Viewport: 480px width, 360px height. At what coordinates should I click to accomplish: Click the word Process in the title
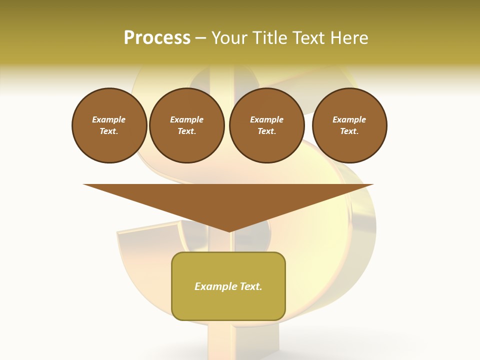(x=157, y=38)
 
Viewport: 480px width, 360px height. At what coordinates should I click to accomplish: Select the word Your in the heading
(x=229, y=38)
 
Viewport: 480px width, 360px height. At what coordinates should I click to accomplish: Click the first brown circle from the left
(x=109, y=125)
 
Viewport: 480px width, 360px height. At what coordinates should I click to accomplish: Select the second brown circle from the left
(x=186, y=125)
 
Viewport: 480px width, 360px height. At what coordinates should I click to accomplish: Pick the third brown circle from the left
(x=266, y=125)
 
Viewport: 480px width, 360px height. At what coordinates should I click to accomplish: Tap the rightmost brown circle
(x=349, y=125)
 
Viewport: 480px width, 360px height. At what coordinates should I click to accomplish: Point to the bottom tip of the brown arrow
(x=229, y=230)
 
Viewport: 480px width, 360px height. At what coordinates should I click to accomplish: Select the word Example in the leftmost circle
(x=109, y=119)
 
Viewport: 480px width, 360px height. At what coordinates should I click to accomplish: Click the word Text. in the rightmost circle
(x=349, y=131)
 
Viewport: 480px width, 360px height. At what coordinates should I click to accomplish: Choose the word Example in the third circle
(x=266, y=119)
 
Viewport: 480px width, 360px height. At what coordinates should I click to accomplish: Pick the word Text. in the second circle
(x=186, y=131)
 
